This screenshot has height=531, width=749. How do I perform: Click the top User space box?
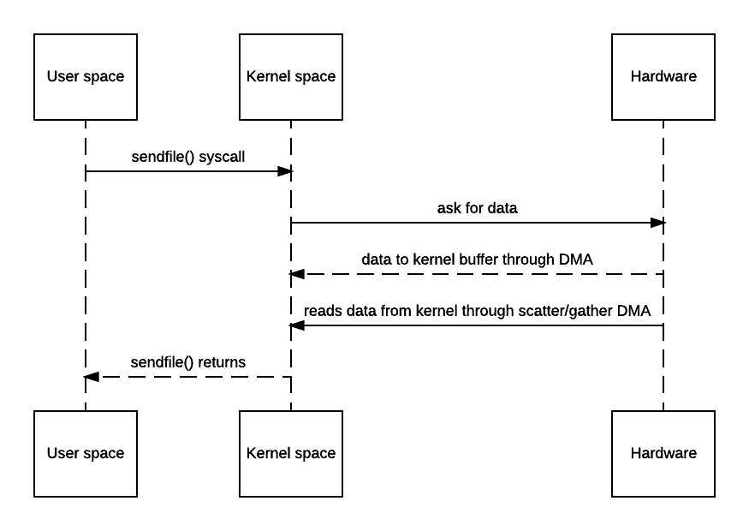[x=86, y=76]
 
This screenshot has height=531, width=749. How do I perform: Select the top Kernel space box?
[x=291, y=76]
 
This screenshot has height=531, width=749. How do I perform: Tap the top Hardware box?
[x=663, y=76]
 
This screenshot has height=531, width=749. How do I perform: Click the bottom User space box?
[x=86, y=453]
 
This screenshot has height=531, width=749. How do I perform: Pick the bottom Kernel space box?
[x=291, y=453]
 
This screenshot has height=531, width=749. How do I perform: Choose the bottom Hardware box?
[x=663, y=453]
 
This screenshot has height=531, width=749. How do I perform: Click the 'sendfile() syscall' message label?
[x=188, y=157]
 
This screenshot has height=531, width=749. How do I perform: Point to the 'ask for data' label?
[x=477, y=208]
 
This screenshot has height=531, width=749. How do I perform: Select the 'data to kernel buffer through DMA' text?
[x=477, y=260]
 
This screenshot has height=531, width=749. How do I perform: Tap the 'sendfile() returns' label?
[x=188, y=362]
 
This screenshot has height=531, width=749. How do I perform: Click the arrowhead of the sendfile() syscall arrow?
[x=285, y=171]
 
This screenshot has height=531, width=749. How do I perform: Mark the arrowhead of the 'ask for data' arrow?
[x=657, y=223]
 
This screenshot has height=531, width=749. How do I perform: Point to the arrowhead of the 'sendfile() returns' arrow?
[x=92, y=377]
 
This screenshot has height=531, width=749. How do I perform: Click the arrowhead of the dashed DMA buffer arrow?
[x=297, y=274]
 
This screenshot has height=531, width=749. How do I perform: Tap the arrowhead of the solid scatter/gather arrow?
[x=297, y=325]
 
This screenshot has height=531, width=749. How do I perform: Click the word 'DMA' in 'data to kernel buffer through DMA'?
[x=576, y=260]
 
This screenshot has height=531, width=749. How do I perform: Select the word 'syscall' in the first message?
[x=222, y=157]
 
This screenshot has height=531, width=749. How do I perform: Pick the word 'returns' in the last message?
[x=222, y=362]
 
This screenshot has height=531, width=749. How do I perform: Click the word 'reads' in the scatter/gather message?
[x=323, y=311]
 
